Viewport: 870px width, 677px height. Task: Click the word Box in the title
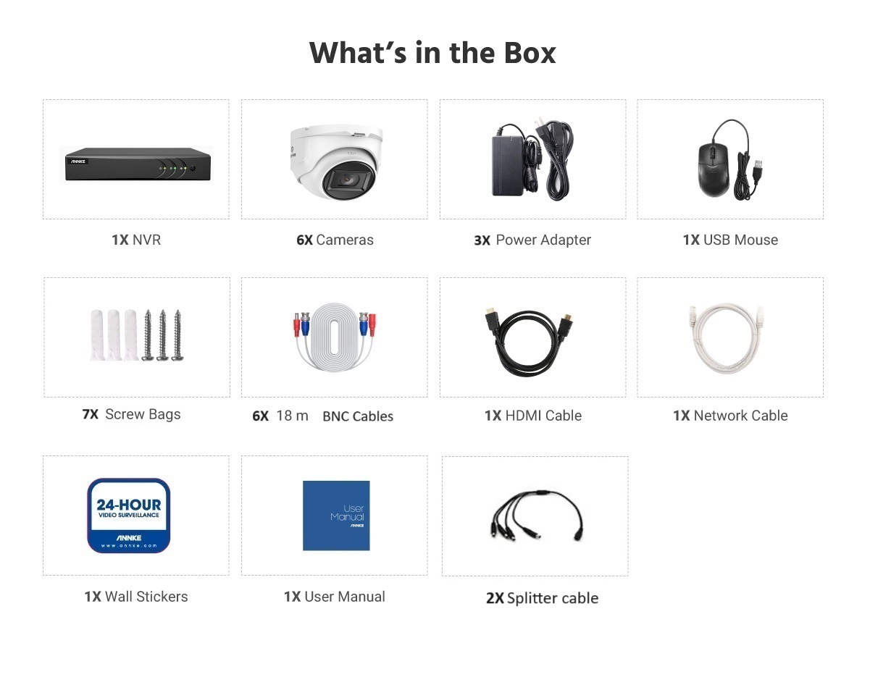pos(530,53)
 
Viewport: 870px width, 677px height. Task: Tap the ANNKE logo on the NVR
pos(78,161)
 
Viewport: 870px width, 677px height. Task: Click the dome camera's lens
pos(347,180)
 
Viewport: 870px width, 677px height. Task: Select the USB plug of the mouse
pos(758,167)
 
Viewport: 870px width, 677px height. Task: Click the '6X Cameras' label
pos(335,240)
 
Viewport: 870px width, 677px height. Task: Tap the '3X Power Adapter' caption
pos(532,240)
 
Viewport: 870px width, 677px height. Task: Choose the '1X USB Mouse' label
pos(730,240)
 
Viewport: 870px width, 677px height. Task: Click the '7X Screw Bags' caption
pos(131,414)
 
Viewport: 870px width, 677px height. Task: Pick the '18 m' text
pos(292,416)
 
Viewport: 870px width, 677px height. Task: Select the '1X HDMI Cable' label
pos(533,416)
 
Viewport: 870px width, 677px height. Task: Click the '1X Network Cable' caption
pos(730,416)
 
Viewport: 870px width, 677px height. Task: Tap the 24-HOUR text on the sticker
pos(128,505)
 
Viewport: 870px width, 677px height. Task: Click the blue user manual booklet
pos(336,516)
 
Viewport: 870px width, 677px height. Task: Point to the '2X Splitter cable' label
pos(542,598)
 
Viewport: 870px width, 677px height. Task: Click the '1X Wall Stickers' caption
pos(136,596)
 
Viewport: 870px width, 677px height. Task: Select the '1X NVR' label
pos(136,240)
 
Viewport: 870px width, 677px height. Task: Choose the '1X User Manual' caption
pos(334,596)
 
